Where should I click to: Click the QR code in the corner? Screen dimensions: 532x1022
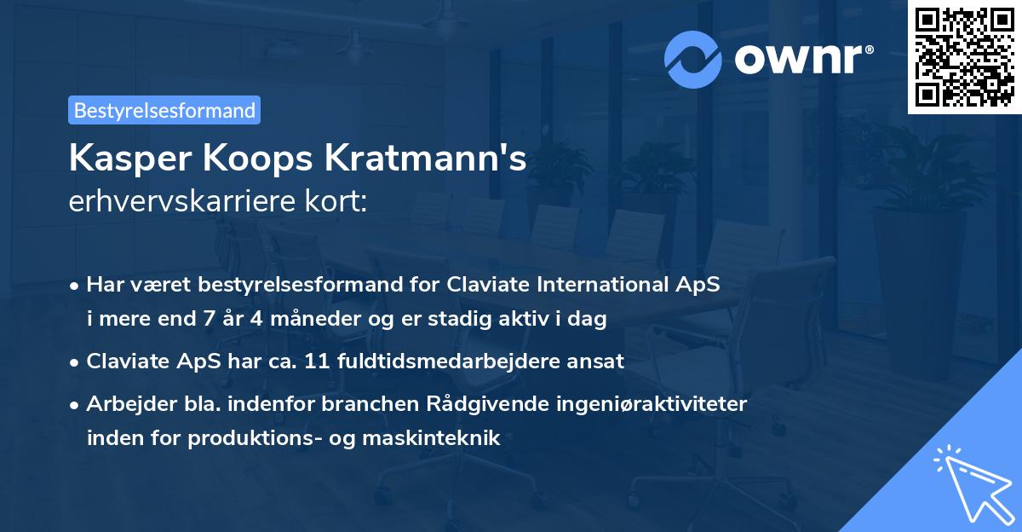[x=965, y=56]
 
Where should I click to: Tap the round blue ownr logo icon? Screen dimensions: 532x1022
[x=693, y=60]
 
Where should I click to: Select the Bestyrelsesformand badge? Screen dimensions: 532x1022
[x=164, y=110]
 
